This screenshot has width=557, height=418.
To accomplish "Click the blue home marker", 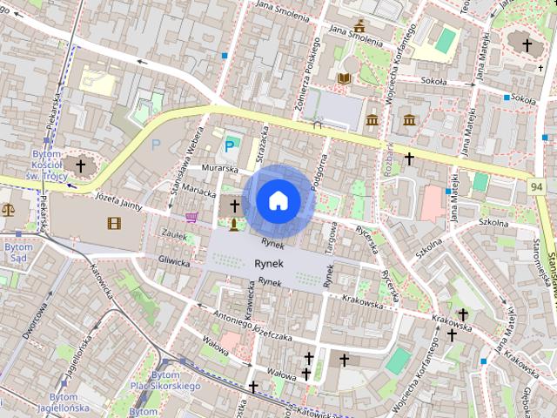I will pyautogui.click(x=278, y=200).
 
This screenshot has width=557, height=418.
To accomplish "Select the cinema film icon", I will pyautogui.click(x=115, y=224).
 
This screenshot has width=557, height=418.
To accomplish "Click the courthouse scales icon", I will pyautogui.click(x=9, y=209).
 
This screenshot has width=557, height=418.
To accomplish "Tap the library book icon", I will pyautogui.click(x=344, y=78).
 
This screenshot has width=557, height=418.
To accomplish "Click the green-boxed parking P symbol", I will pyautogui.click(x=232, y=145).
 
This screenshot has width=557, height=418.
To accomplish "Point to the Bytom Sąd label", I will pyautogui.click(x=18, y=253).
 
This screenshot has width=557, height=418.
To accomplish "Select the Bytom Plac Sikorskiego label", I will pyautogui.click(x=164, y=380).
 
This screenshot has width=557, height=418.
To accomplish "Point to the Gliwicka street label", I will pyautogui.click(x=174, y=260).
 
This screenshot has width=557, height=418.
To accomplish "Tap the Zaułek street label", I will pyautogui.click(x=175, y=235).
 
